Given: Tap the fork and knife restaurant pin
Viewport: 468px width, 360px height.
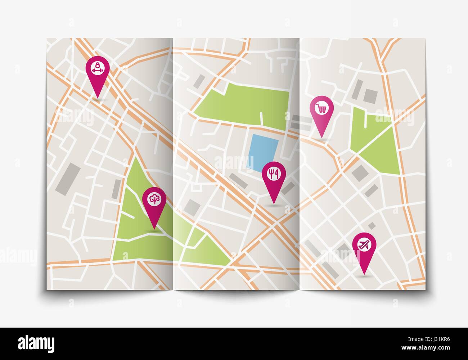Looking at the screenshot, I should [x=274, y=176].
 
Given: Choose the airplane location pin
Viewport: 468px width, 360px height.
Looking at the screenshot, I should [x=364, y=247].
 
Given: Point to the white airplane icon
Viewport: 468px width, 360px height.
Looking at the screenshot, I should [x=364, y=245].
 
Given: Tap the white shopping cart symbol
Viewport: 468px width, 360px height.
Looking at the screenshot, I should [x=321, y=108].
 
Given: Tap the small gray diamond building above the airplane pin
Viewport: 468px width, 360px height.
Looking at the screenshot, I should [x=372, y=225].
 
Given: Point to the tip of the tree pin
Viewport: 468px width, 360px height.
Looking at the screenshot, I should [x=154, y=229].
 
